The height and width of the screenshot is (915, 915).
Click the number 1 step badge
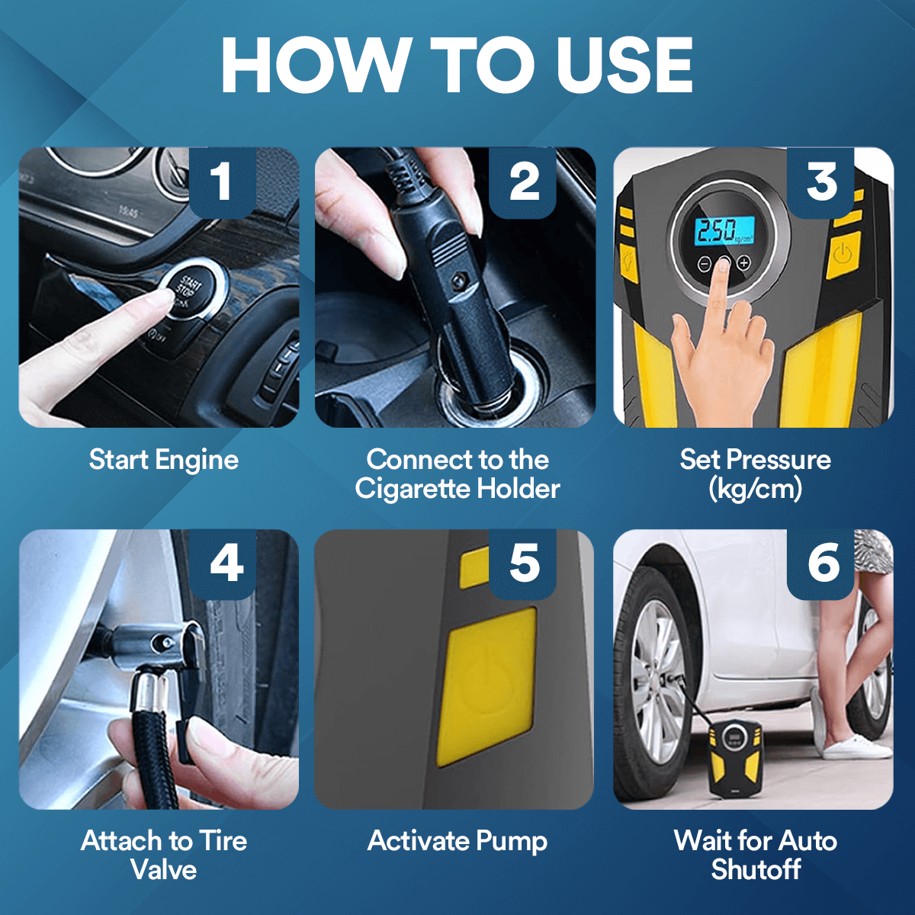[x=221, y=183]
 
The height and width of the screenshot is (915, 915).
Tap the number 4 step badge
[x=226, y=564]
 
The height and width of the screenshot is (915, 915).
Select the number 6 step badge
[x=823, y=564]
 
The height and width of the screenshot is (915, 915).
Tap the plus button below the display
[x=743, y=263]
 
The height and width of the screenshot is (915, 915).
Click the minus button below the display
[x=705, y=264]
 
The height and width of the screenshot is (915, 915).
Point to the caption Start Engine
[x=163, y=460]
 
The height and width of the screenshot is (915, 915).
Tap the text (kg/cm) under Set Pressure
[x=755, y=489]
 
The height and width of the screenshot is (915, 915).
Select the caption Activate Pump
[x=457, y=841]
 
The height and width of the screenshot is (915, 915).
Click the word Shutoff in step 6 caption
[x=756, y=869]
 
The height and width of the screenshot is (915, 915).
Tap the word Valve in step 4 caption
[x=163, y=870]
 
